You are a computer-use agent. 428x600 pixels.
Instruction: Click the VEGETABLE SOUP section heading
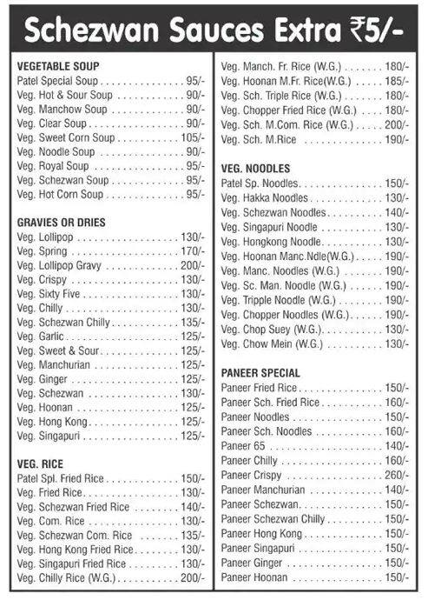point(57,66)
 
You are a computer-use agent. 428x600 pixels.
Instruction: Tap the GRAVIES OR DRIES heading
point(61,223)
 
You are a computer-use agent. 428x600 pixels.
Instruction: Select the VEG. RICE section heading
point(40,463)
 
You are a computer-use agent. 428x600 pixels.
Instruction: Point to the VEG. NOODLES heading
point(255,168)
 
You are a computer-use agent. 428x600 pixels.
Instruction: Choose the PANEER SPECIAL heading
point(260,373)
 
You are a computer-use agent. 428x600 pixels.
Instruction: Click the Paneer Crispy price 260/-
point(397,476)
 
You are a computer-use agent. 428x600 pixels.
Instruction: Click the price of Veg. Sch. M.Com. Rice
point(397,124)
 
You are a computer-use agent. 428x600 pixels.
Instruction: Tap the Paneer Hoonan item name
point(254,577)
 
